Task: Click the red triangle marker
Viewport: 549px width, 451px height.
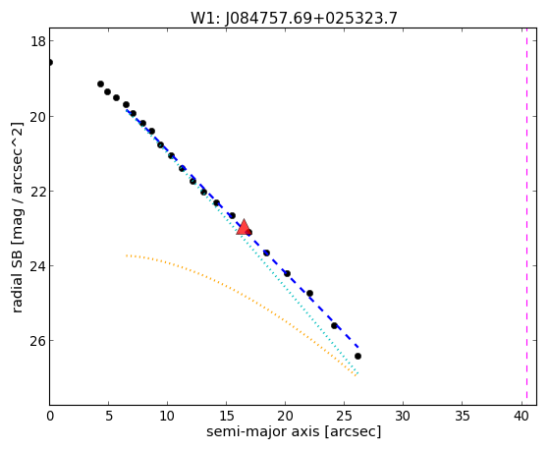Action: click(x=244, y=227)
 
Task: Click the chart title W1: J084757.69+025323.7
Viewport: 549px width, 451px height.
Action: click(x=294, y=18)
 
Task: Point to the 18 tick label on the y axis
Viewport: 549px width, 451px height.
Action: click(x=38, y=41)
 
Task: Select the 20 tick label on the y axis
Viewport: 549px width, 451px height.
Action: click(x=37, y=116)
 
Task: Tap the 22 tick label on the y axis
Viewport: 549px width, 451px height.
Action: click(x=37, y=191)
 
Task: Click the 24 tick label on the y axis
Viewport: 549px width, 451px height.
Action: click(x=37, y=266)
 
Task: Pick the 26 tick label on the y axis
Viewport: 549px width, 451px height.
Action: click(x=37, y=341)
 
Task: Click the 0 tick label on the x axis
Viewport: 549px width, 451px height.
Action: click(x=50, y=416)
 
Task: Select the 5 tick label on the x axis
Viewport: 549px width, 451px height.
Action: click(x=109, y=416)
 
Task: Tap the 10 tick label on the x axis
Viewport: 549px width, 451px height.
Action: click(x=167, y=416)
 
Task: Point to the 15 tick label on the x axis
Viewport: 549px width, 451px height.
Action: click(x=226, y=416)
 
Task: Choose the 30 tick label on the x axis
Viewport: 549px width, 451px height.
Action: click(x=403, y=416)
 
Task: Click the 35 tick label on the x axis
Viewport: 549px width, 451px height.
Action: click(x=462, y=416)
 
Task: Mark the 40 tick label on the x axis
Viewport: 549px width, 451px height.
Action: click(x=521, y=416)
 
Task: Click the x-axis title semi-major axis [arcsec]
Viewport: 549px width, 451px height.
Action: click(x=294, y=432)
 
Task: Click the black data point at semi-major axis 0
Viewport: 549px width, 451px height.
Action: click(x=50, y=62)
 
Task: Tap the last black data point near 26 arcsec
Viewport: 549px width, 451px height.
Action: click(x=357, y=356)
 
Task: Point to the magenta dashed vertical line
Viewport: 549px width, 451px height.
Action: click(x=526, y=216)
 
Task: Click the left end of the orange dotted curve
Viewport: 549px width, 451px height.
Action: click(x=127, y=255)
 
